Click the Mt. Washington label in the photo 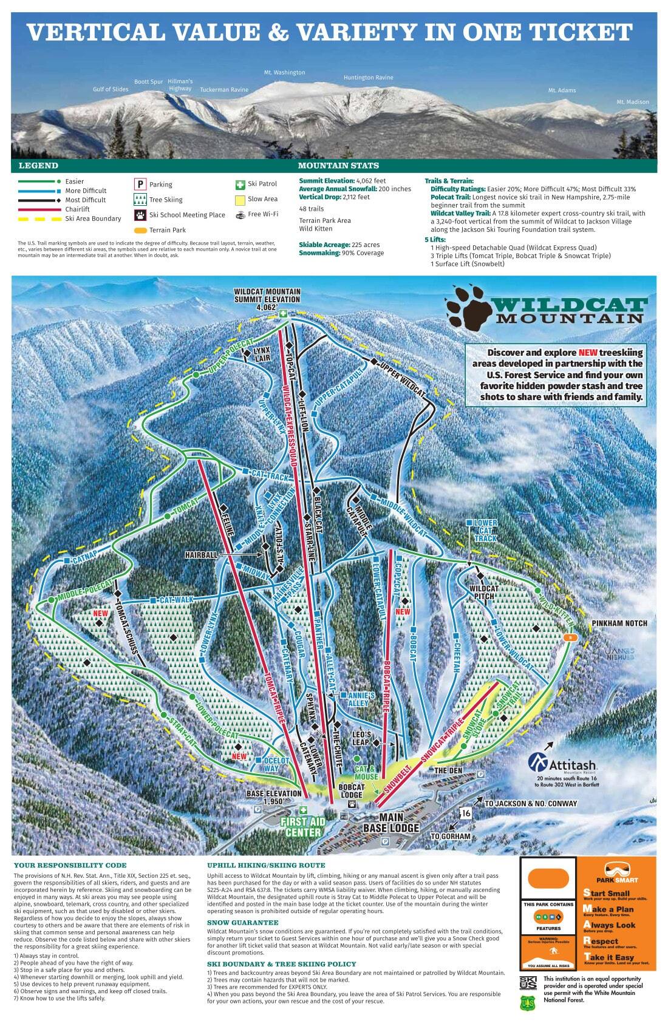pyautogui.click(x=284, y=72)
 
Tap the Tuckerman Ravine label pyautogui.click(x=224, y=90)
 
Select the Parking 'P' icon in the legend pyautogui.click(x=140, y=184)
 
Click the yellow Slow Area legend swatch pyautogui.click(x=239, y=199)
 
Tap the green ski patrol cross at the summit pyautogui.click(x=284, y=313)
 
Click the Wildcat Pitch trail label pyautogui.click(x=483, y=592)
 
